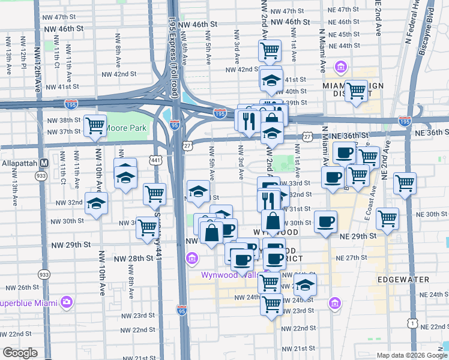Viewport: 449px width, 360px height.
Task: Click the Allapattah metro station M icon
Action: (44, 163)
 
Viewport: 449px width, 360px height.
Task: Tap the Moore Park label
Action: (126, 128)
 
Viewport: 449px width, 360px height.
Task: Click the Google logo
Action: (20, 353)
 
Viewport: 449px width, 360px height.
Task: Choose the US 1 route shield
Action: (412, 324)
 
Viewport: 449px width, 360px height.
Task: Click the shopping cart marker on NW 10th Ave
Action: (95, 125)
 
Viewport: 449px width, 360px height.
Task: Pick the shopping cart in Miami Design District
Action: (357, 91)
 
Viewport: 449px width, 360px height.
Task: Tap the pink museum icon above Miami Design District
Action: (341, 66)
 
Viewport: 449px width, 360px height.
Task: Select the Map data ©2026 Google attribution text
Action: (411, 355)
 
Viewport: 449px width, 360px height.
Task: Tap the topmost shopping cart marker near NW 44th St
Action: (270, 50)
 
